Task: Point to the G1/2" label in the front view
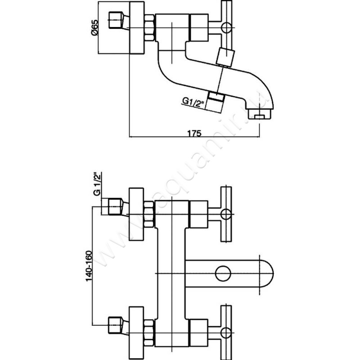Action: pos(96,184)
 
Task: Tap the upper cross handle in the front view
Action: pos(225,212)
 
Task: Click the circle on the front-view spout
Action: pos(222,273)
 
